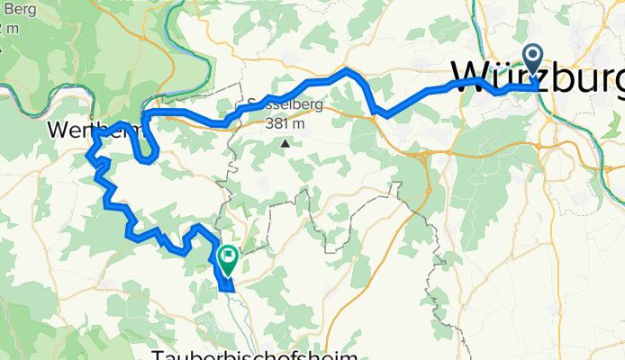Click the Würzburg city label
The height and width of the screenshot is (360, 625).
[x=536, y=76]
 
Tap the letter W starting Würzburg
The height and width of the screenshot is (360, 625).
[x=473, y=76]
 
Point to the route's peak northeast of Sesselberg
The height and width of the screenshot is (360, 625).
[x=347, y=69]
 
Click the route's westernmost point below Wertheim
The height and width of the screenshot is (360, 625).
[x=88, y=158]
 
